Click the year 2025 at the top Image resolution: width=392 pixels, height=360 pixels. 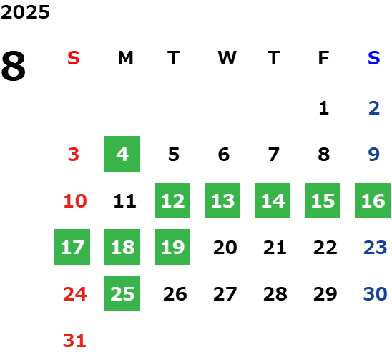tap(25, 12)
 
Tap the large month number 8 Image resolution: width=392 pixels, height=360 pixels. tap(14, 66)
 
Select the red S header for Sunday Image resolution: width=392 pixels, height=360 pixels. tap(74, 58)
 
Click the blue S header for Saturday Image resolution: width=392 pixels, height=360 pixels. tap(374, 58)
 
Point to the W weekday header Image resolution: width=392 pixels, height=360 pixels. tap(227, 58)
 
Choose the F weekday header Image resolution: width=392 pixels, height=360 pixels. tap(324, 58)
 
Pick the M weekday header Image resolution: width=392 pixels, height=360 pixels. tap(125, 58)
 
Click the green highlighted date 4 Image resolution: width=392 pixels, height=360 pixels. tap(122, 154)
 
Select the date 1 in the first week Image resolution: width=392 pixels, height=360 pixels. tap(324, 108)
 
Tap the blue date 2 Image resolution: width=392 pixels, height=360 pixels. tap(374, 108)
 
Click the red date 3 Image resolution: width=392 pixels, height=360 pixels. tap(74, 155)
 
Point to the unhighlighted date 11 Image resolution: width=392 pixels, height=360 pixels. tap(124, 201)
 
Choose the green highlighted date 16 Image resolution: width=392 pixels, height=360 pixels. tap(373, 200)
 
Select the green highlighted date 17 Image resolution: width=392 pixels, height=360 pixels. tap(72, 247)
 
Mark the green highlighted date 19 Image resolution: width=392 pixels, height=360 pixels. tap(172, 247)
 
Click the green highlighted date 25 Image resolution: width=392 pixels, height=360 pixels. tap(122, 293)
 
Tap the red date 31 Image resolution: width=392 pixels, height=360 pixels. tap(74, 341)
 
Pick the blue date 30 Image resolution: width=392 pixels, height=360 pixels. tap(375, 293)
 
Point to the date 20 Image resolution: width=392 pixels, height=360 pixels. tap(225, 248)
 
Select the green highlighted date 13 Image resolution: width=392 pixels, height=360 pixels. tap(222, 200)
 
